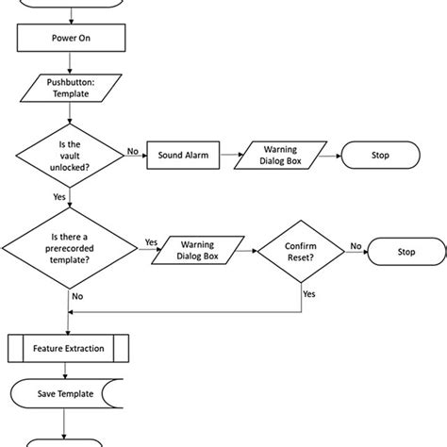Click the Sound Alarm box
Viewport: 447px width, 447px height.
coord(182,153)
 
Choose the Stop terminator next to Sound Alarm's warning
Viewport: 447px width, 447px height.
coord(378,153)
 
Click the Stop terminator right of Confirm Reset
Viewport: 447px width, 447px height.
coord(405,253)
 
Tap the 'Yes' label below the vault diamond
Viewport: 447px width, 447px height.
coord(58,199)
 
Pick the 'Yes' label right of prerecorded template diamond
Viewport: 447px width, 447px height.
coord(151,243)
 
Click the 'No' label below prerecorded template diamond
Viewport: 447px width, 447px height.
coord(77,296)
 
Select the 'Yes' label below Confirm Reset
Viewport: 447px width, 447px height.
coord(308,293)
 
